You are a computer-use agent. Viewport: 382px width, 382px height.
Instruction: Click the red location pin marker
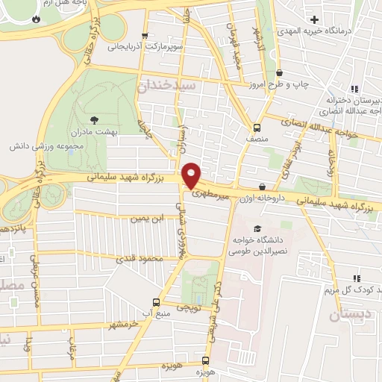(x=192, y=175)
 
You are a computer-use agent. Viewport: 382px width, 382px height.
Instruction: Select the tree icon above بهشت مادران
(x=93, y=119)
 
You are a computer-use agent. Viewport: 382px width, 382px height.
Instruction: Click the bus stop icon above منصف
(x=257, y=127)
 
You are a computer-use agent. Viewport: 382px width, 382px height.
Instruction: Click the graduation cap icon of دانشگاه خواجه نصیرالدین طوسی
(x=257, y=228)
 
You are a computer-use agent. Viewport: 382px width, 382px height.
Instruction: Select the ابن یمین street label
(x=147, y=219)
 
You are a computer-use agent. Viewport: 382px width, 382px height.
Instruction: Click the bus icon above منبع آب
(x=156, y=302)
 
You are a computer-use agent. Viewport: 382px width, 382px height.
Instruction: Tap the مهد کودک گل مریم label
(x=350, y=289)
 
